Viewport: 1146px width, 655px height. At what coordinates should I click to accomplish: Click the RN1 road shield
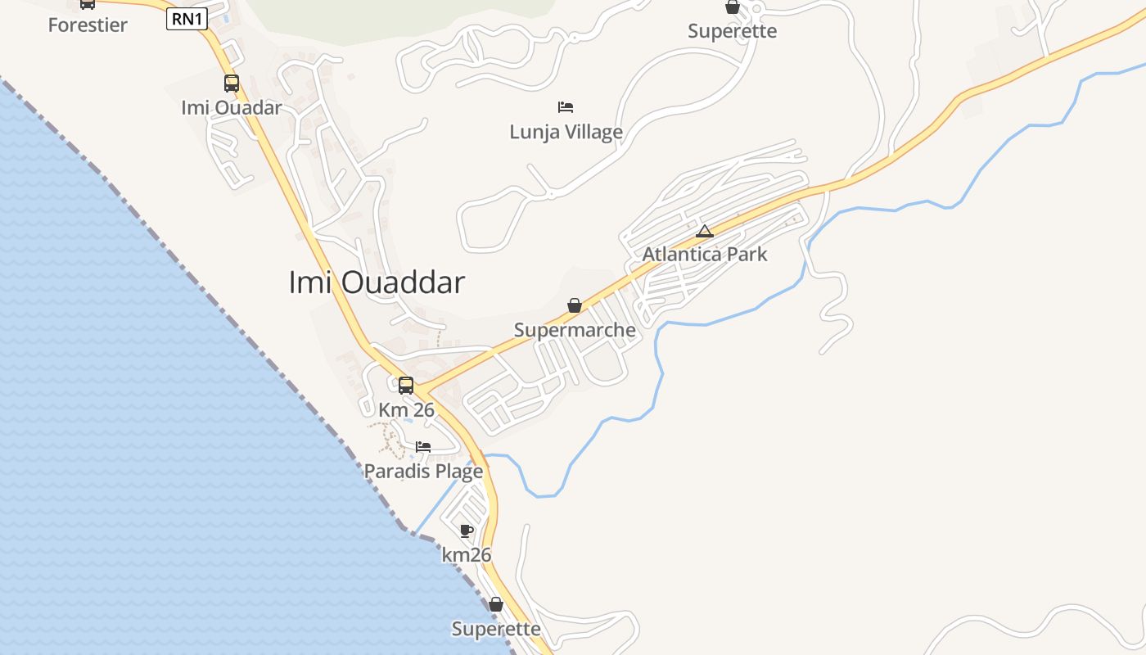click(187, 19)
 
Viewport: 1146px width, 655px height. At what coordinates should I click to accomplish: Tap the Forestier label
click(88, 25)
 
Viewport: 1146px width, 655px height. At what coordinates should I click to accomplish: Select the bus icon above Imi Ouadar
click(232, 83)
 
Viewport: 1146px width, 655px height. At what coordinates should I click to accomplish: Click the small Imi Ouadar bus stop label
click(232, 107)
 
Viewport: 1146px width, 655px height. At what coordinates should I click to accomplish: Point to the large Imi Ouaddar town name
click(377, 282)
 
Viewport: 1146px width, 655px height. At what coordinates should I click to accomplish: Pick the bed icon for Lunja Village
click(566, 106)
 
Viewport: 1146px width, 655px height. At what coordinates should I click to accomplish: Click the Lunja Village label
click(566, 132)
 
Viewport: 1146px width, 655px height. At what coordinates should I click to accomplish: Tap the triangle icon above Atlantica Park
click(705, 231)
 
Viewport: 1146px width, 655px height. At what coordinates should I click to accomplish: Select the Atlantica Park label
click(705, 254)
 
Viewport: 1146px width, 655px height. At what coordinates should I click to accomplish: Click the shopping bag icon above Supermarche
click(575, 305)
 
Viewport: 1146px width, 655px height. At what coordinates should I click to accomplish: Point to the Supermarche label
click(575, 330)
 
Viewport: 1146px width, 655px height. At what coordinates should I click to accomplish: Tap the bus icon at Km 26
click(406, 385)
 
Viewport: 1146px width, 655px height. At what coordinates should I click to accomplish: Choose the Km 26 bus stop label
click(406, 409)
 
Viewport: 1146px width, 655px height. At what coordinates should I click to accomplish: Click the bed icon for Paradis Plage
click(423, 447)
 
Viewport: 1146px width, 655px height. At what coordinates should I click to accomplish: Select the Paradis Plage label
click(423, 472)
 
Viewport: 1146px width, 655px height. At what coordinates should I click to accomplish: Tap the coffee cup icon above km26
click(467, 531)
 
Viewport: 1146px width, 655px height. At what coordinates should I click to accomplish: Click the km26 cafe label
click(467, 555)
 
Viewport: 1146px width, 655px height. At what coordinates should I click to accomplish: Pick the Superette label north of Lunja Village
click(732, 31)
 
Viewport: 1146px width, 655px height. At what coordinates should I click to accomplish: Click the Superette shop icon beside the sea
click(496, 605)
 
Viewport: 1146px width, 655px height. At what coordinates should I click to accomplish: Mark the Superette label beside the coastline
click(496, 629)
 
